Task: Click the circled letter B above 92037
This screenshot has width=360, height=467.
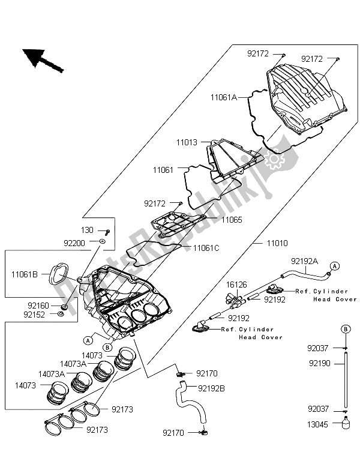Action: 346,328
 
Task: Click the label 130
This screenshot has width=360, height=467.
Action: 88,230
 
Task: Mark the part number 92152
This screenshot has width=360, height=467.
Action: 36,313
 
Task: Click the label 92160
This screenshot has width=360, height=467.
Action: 36,304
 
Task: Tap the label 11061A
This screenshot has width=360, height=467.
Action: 224,96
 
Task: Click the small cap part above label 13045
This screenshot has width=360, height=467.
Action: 346,424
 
